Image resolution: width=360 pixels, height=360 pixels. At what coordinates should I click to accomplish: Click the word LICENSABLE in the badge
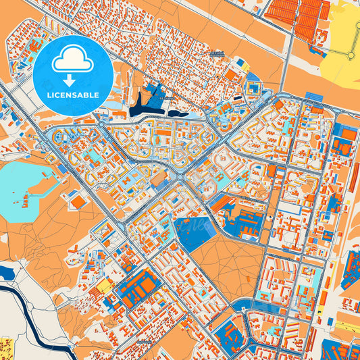point(74,95)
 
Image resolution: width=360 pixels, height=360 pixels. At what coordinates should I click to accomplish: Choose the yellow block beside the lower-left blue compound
point(105,287)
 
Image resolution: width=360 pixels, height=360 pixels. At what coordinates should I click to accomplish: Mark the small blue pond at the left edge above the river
point(6,273)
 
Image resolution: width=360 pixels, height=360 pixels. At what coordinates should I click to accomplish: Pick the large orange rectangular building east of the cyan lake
point(79,201)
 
